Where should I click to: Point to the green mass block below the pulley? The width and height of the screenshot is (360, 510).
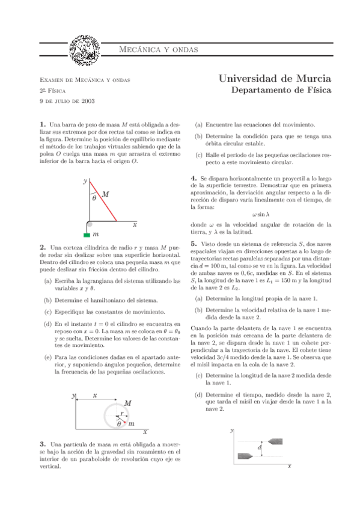[87, 233]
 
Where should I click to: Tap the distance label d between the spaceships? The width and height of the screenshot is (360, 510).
[260, 448]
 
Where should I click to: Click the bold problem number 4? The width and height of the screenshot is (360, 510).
[193, 179]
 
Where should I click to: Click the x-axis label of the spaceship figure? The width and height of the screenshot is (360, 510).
[290, 465]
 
